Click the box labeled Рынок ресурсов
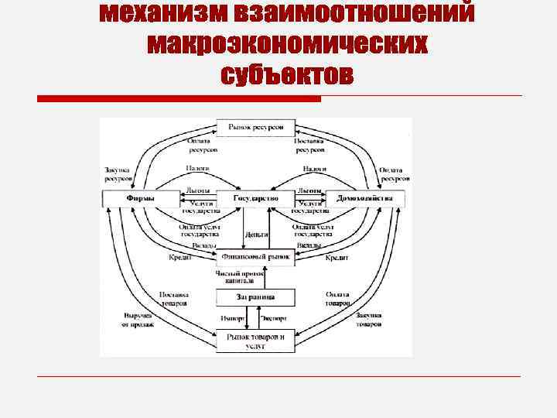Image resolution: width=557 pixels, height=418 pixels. [255, 127]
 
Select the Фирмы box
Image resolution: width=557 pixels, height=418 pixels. [140, 199]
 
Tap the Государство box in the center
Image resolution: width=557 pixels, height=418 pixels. [255, 199]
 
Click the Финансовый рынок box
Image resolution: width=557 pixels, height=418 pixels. [255, 256]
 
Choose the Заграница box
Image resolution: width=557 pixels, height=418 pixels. [255, 297]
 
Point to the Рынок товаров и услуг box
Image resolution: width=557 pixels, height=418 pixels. [255, 341]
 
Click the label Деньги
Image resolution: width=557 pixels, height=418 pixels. [256, 233]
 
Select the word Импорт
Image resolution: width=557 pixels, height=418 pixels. [232, 318]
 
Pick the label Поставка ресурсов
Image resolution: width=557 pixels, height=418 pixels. [309, 146]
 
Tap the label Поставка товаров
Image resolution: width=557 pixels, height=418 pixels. [175, 298]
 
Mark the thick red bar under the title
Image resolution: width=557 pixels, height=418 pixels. [179, 98]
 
